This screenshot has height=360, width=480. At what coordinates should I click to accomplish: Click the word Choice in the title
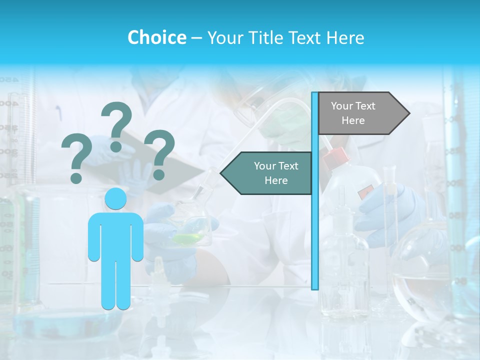click(156, 37)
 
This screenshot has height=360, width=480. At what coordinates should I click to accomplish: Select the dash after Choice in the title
click(196, 38)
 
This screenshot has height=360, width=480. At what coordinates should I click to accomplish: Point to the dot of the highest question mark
click(116, 146)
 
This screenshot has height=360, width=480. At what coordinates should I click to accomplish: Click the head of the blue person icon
click(115, 199)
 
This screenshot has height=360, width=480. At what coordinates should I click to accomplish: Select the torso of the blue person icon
click(115, 235)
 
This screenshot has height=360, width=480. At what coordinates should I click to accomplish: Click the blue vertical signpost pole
click(315, 225)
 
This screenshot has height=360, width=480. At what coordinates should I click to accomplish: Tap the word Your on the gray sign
click(342, 106)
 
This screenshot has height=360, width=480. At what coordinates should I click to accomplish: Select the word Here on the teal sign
click(276, 180)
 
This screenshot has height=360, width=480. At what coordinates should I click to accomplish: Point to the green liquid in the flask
click(189, 238)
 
